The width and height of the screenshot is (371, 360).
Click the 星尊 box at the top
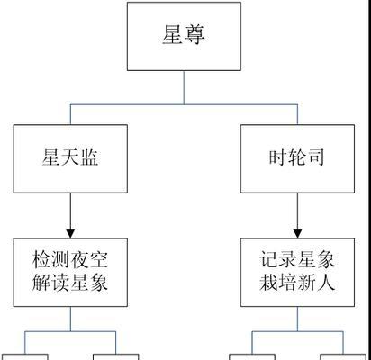click(184, 36)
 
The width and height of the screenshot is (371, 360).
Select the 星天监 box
click(70, 158)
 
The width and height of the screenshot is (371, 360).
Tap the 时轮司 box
click(297, 158)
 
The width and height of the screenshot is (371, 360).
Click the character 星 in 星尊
click(173, 35)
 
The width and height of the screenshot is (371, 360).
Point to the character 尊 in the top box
click(195, 35)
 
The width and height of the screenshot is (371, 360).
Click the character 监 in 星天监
click(89, 157)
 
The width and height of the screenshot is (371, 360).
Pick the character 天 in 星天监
click(70, 157)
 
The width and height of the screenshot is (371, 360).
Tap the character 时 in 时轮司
click(278, 157)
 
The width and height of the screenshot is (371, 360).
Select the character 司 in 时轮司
click(316, 157)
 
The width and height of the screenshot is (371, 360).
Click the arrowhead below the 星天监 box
click(70, 234)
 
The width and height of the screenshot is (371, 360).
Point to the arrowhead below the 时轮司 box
click(297, 234)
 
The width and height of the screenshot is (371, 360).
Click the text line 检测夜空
click(70, 260)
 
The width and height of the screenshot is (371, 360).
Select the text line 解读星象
click(70, 283)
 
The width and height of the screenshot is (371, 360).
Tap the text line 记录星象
click(297, 260)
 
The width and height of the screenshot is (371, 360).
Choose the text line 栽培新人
click(297, 283)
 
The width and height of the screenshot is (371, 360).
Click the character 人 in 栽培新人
click(326, 283)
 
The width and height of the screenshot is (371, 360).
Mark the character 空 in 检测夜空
click(98, 260)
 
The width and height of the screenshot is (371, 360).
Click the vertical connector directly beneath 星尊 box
click(184, 87)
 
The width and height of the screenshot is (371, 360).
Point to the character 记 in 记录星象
click(268, 260)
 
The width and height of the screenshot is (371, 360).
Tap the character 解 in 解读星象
click(41, 283)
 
